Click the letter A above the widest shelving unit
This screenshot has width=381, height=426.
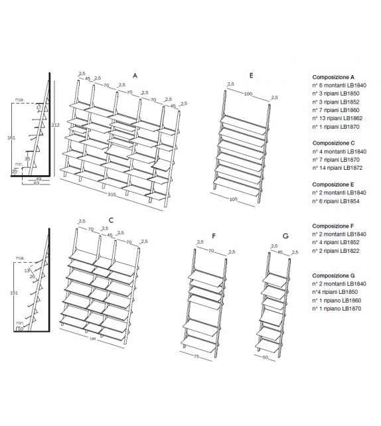[135, 76]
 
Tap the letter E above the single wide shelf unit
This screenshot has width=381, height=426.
[251, 76]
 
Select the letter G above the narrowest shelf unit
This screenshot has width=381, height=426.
[285, 236]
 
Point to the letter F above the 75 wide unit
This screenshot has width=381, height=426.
[213, 236]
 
